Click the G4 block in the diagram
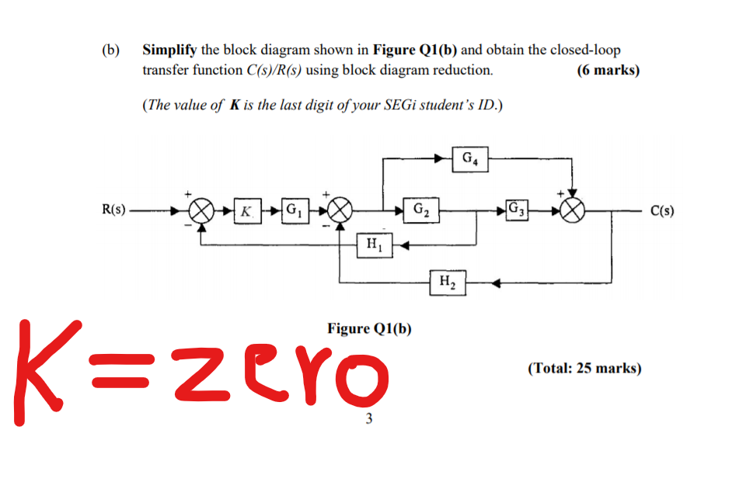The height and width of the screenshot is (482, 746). click(x=470, y=160)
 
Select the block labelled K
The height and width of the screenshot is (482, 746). click(x=246, y=210)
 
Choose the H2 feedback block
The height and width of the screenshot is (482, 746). click(x=448, y=283)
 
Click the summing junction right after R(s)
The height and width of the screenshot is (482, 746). click(x=202, y=210)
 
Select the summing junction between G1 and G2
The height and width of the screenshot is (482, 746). click(x=340, y=210)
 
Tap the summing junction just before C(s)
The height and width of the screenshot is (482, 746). click(x=573, y=210)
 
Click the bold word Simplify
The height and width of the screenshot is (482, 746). click(x=170, y=50)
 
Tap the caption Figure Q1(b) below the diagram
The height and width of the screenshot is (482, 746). click(x=369, y=328)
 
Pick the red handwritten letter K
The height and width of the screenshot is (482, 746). click(x=47, y=371)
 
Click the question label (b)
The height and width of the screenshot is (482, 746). click(x=112, y=50)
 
